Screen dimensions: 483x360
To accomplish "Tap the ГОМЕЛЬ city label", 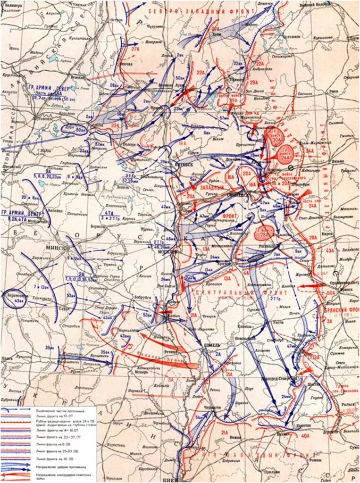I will tap(212, 345).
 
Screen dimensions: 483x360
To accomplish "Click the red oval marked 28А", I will tap(263, 232).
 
